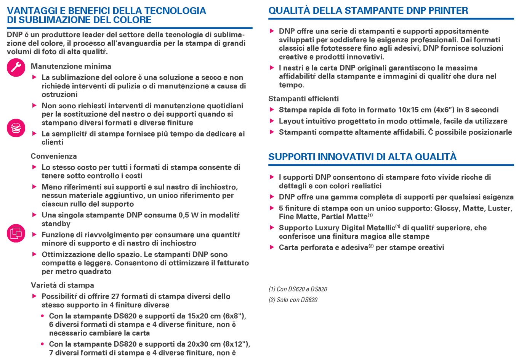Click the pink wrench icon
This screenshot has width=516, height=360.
tap(16, 67)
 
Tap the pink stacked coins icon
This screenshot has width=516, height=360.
tap(16, 128)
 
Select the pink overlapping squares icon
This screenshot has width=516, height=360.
tap(16, 233)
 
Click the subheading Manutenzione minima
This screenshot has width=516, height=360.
tap(71, 66)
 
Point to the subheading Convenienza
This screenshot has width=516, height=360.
tap(54, 156)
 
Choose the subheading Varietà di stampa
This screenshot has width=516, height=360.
tap(62, 285)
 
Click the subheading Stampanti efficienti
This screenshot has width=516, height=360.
tap(303, 99)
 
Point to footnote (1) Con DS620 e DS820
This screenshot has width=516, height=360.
tap(298, 289)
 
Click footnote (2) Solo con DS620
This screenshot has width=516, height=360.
tap(293, 300)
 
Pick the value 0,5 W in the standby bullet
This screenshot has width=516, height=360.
tap(188, 215)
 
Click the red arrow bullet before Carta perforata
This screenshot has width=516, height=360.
tap(272, 247)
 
